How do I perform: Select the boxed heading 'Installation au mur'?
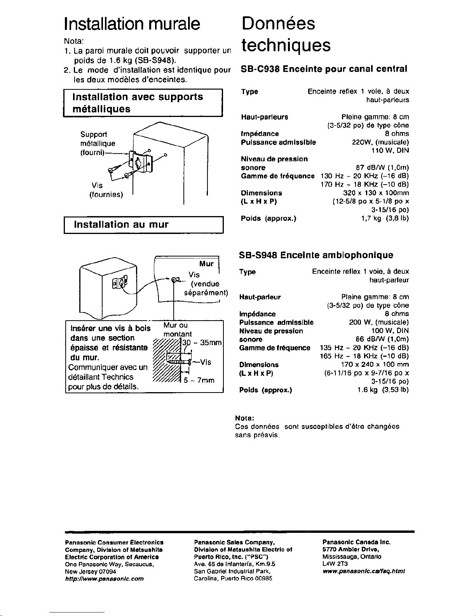coord(121,225)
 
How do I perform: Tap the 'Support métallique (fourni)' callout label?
coord(98,143)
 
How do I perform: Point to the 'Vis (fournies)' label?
coord(106,190)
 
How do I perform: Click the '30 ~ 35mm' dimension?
coord(202,343)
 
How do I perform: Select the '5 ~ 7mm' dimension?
coord(199,380)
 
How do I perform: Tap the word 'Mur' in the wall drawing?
coord(206,264)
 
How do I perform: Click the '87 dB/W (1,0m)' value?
coord(382,168)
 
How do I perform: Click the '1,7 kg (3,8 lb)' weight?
coord(385,218)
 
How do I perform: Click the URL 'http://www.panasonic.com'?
coord(104,578)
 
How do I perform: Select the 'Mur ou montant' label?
coord(177,330)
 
